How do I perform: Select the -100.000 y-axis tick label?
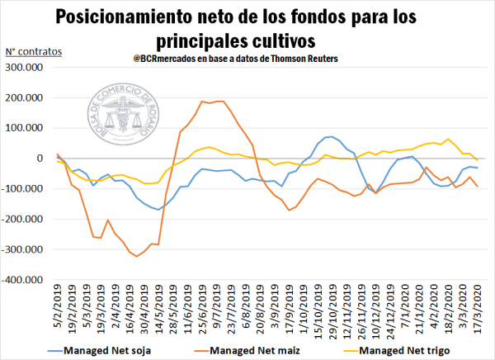click(28, 189)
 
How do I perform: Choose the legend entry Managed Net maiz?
click(252, 350)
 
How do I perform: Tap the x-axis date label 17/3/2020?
click(477, 311)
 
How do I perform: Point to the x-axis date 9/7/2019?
click(217, 310)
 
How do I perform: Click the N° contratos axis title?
click(35, 53)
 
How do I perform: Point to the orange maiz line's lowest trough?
click(137, 256)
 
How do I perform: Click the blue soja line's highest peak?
click(330, 136)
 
